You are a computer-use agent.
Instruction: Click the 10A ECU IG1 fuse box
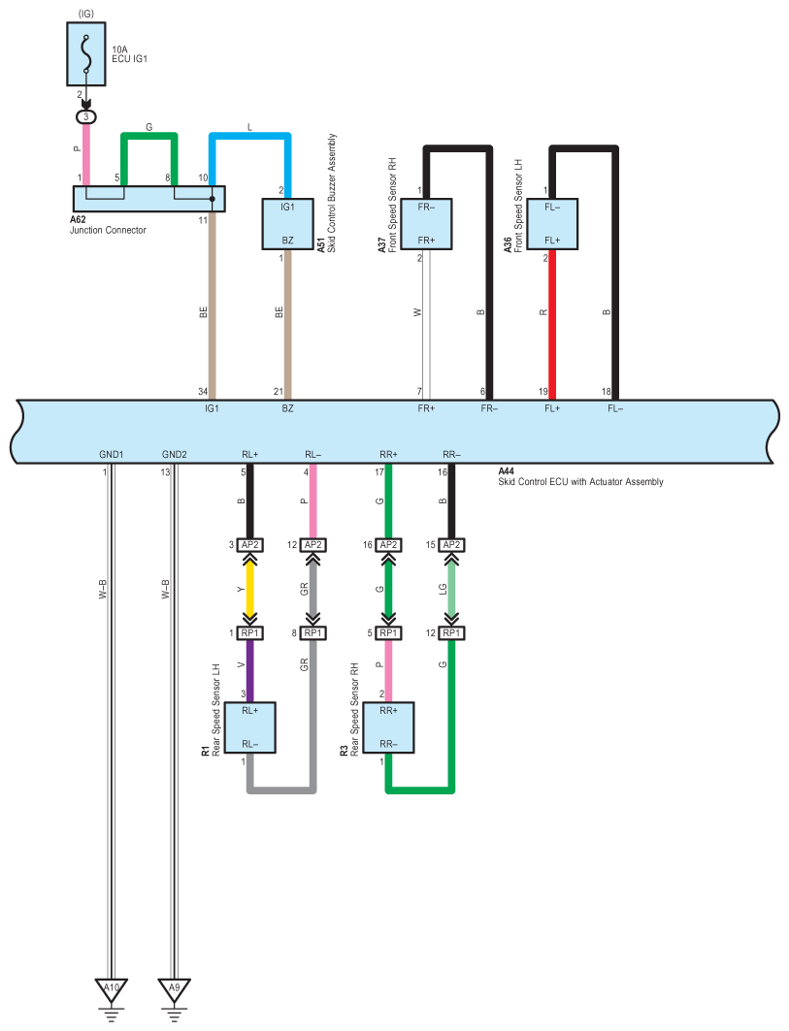coord(85,54)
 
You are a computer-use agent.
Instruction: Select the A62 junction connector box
coord(148,199)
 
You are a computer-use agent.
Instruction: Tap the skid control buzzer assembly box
coord(287,223)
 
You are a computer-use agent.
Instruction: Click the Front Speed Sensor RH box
coord(426,223)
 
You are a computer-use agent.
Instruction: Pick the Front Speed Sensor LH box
coord(552,223)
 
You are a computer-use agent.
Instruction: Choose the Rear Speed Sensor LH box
coord(250,727)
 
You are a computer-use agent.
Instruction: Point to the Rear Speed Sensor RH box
coord(388,727)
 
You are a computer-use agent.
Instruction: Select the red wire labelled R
coord(552,325)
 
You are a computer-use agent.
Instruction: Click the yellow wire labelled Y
coord(250,589)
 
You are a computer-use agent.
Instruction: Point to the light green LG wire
coord(451,589)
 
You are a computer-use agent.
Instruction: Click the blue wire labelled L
coord(250,136)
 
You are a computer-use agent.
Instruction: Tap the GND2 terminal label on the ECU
coord(175,454)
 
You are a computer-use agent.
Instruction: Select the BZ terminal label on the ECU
coord(287,408)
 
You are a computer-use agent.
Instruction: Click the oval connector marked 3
coord(85,117)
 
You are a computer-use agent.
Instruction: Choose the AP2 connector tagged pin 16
coord(388,545)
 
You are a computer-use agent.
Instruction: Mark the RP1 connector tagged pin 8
coord(312,632)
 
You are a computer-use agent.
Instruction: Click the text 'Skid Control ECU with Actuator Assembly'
coord(580,482)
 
